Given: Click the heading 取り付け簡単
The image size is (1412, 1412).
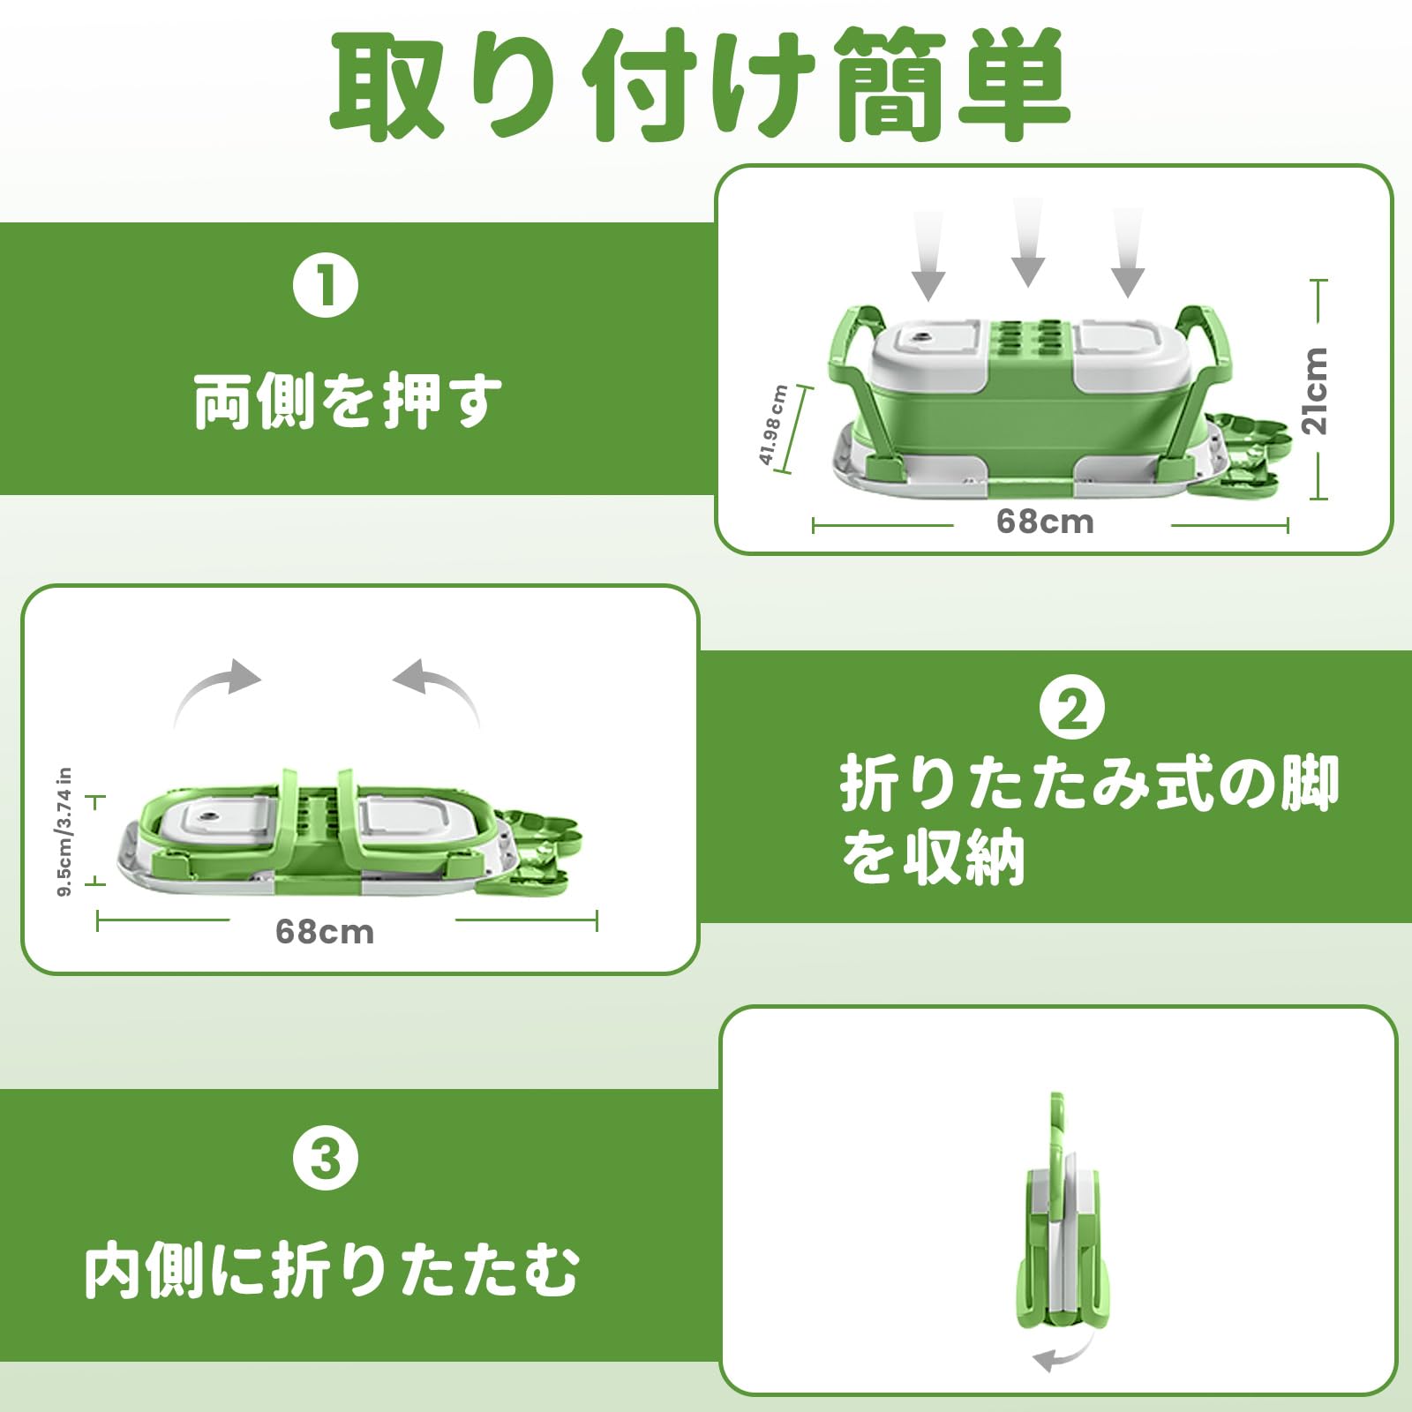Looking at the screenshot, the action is tap(702, 86).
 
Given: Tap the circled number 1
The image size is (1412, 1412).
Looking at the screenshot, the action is tap(326, 286).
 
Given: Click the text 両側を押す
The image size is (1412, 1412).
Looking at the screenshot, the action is tap(348, 402).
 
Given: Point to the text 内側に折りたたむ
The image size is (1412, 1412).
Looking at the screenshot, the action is tap(332, 1271).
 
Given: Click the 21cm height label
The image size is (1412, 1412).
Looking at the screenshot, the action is tap(1314, 389).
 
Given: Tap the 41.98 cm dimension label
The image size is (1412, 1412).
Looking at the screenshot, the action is tap(772, 425).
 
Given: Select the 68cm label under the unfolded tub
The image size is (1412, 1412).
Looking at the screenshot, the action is tap(1045, 522).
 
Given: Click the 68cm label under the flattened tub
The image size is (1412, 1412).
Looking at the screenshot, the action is tap(325, 932).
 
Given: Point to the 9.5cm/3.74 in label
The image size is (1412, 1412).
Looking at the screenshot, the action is tap(64, 832).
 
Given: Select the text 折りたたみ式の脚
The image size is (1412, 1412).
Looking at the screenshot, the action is tap(1089, 784).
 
